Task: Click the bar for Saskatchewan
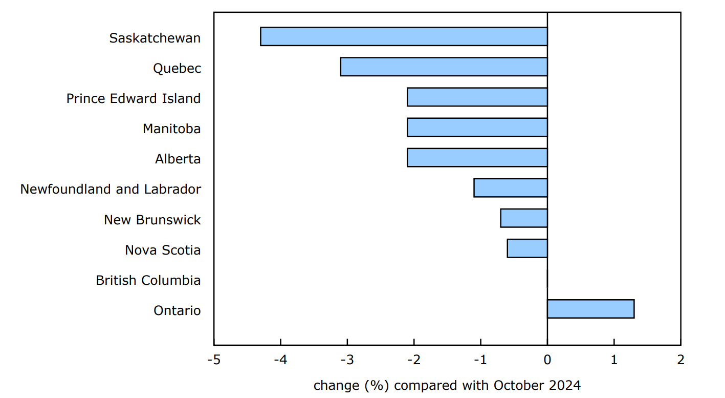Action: click(x=404, y=37)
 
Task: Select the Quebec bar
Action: click(x=444, y=67)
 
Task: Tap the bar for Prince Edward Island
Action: click(x=477, y=97)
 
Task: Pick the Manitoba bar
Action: click(x=477, y=128)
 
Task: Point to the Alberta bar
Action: click(x=477, y=158)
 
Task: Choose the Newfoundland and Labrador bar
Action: click(x=510, y=188)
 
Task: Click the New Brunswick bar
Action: click(x=523, y=218)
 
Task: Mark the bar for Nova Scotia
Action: click(x=527, y=248)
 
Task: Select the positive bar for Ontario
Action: click(x=590, y=309)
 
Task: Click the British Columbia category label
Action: click(x=148, y=281)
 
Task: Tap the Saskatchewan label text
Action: click(x=155, y=38)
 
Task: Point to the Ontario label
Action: click(x=177, y=311)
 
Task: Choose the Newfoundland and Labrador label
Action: click(x=111, y=190)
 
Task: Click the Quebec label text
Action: click(x=177, y=69)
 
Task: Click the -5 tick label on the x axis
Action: click(x=213, y=360)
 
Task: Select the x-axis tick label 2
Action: click(x=680, y=360)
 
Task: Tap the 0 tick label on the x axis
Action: click(x=547, y=360)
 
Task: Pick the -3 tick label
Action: click(x=347, y=360)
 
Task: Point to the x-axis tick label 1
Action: click(x=614, y=360)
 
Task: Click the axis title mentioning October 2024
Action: click(x=447, y=385)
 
